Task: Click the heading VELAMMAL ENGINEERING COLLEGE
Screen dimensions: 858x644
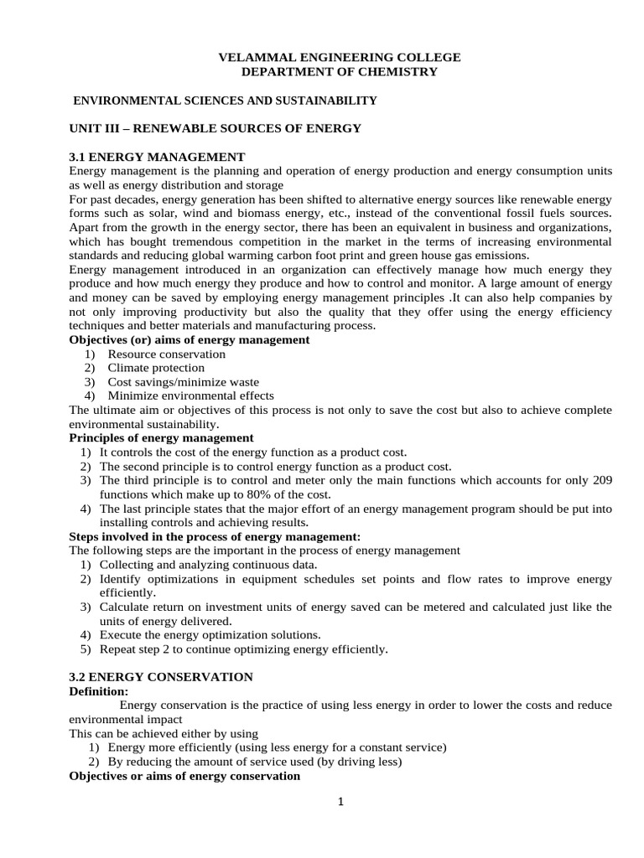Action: click(x=339, y=57)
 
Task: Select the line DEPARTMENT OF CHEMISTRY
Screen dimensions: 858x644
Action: click(x=339, y=72)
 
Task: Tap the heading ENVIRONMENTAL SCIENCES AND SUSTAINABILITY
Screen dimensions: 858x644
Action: click(x=226, y=101)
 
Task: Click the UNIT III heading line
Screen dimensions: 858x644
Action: click(x=215, y=128)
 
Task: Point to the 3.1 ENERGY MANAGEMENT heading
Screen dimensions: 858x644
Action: click(x=157, y=157)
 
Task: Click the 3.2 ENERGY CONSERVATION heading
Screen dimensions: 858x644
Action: click(x=161, y=677)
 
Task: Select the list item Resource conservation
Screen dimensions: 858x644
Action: click(x=166, y=354)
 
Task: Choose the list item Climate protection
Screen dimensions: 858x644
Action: click(x=155, y=368)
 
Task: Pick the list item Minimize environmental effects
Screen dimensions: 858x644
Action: click(x=190, y=395)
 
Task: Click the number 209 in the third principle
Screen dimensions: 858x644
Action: click(x=602, y=480)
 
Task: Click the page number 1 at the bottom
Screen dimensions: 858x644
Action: click(x=340, y=802)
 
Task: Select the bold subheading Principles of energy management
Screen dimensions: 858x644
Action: click(x=161, y=438)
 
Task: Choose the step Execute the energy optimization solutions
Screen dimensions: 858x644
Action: click(x=210, y=635)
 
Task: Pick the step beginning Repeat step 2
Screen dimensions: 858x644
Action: click(x=243, y=649)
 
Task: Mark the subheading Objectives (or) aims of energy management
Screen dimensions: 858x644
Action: click(x=189, y=340)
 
